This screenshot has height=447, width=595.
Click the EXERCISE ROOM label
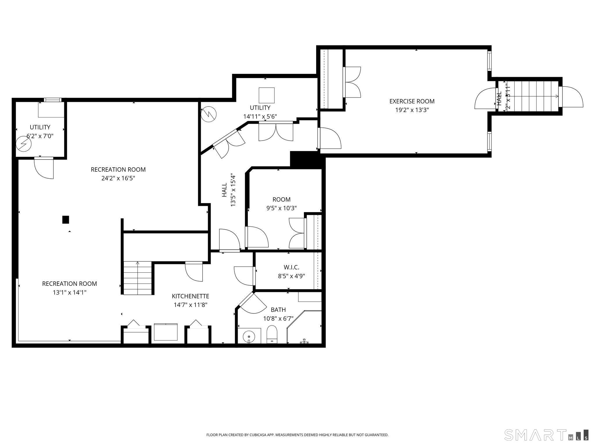pos(412,101)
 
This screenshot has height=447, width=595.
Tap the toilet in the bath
pos(272,335)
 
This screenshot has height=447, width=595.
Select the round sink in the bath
pos(249,336)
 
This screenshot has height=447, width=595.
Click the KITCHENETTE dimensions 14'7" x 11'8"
pos(190,305)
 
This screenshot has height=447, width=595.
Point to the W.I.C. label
pos(291,267)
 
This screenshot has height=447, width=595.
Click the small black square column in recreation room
pos(66,219)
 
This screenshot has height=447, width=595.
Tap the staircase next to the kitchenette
pos(138,278)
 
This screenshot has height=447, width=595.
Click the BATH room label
pos(278,310)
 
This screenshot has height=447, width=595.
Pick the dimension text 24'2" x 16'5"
pos(118,178)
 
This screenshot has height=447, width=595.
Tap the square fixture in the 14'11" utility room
pos(266,95)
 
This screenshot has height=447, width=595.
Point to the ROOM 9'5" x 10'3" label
pos(281,200)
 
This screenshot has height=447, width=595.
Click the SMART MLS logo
pos(546,435)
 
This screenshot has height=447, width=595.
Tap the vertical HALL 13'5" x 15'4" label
pos(228,190)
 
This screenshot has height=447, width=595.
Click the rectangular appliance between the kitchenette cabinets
pos(166,332)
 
